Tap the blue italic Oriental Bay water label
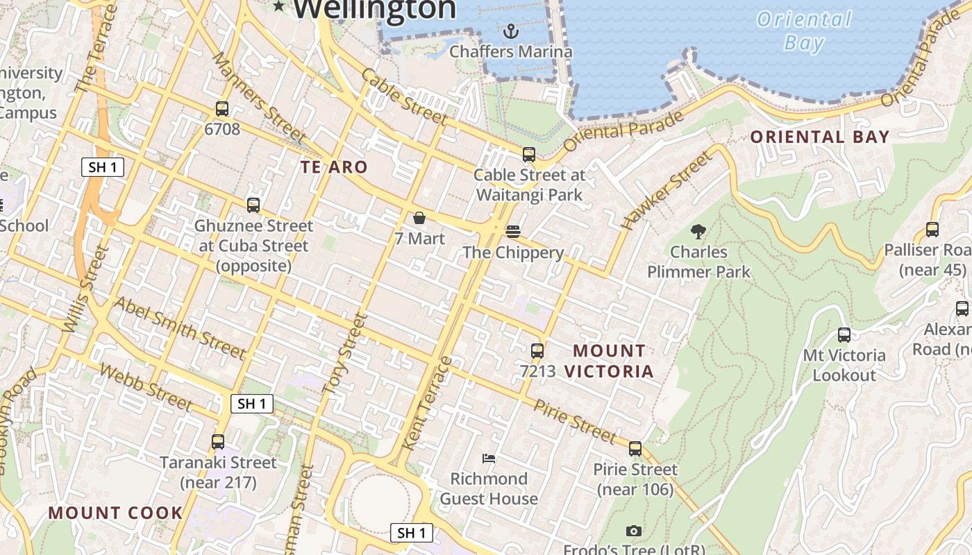804,31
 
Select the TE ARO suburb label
334,167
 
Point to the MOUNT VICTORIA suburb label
609,361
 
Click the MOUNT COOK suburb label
115,513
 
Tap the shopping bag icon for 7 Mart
419,218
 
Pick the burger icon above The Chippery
513,231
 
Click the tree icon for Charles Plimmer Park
698,231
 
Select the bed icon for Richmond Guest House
489,458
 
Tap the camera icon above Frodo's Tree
633,531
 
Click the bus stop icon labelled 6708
222,109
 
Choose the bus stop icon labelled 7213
537,351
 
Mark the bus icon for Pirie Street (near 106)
635,449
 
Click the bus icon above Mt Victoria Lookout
844,335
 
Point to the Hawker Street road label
667,191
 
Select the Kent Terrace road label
427,402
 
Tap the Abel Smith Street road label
179,328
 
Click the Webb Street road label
145,386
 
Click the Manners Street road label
258,98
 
